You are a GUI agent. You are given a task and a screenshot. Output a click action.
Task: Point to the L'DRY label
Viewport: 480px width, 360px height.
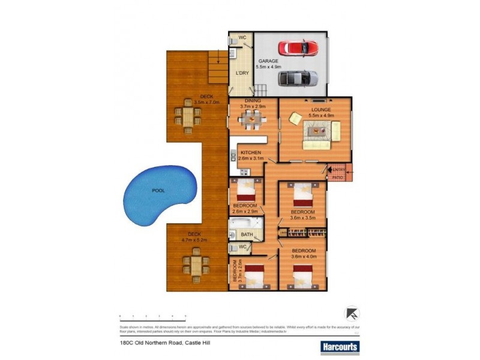pyautogui.click(x=242, y=73)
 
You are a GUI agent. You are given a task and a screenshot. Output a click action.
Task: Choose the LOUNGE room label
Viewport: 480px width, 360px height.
pyautogui.click(x=320, y=110)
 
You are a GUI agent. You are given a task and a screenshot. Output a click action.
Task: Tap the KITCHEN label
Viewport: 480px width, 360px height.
pyautogui.click(x=251, y=152)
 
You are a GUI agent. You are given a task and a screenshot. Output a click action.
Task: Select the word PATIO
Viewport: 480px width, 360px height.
pyautogui.click(x=338, y=178)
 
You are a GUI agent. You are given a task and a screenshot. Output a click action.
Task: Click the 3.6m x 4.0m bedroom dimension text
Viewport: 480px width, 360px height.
pyautogui.click(x=304, y=256)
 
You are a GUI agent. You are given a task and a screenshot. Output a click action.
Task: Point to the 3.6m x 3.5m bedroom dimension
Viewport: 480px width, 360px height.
pyautogui.click(x=303, y=218)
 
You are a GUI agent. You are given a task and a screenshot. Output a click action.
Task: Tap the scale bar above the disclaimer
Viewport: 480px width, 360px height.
pyautogui.click(x=152, y=315)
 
